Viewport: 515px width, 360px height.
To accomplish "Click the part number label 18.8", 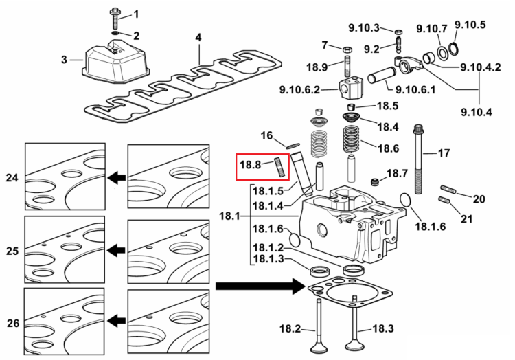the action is pyautogui.click(x=250, y=165).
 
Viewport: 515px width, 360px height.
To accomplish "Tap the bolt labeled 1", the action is pyautogui.click(x=115, y=19).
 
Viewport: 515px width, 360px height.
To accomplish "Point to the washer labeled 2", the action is pyautogui.click(x=115, y=34).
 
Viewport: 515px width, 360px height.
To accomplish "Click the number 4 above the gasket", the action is pyautogui.click(x=198, y=38).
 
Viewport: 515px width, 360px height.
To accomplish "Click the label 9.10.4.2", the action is pyautogui.click(x=481, y=67).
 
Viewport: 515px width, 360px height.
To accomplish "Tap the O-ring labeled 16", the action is pyautogui.click(x=293, y=145).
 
